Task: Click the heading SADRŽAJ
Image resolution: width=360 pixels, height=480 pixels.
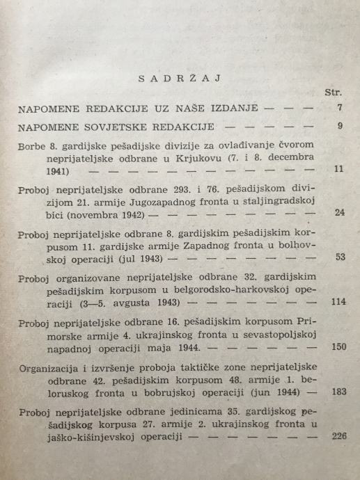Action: (180, 78)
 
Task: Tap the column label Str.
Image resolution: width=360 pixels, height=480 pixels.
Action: (333, 93)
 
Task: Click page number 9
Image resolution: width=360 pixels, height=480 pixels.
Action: (339, 127)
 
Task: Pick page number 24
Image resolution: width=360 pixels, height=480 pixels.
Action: (339, 212)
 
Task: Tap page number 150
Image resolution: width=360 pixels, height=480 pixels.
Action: (337, 348)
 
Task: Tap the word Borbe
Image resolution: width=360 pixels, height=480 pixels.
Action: (32, 146)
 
